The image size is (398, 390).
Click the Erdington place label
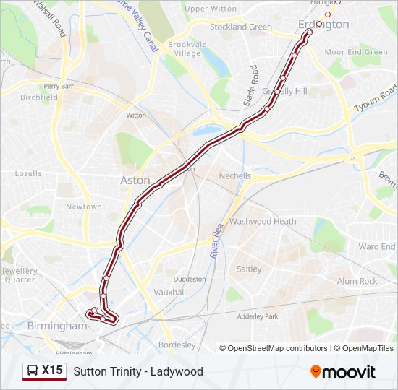(x=323, y=25)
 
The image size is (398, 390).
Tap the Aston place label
(x=135, y=181)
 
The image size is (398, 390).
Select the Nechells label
(x=235, y=175)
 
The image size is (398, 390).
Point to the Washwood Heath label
(x=263, y=222)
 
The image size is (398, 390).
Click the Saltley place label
(x=249, y=269)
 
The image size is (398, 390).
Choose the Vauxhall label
(x=170, y=292)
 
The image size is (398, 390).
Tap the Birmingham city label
(x=56, y=326)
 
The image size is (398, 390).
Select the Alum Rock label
(x=357, y=281)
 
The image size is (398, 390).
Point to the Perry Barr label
(x=59, y=86)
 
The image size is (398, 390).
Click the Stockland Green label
(x=240, y=27)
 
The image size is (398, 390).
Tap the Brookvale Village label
(x=187, y=48)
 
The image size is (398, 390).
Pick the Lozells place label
(x=28, y=174)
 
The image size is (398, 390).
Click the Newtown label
(x=84, y=207)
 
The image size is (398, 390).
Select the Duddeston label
(x=190, y=278)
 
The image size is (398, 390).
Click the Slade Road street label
(x=250, y=86)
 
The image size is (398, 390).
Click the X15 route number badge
(x=53, y=370)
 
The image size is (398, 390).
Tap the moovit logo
(x=343, y=372)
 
